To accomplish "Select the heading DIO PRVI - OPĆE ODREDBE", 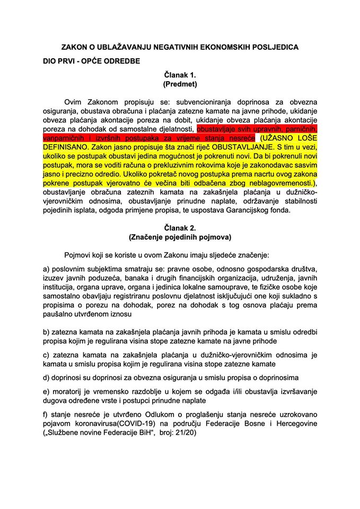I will point(92,61).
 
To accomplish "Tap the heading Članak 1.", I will point(180,75).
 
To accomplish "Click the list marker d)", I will point(47,378).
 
